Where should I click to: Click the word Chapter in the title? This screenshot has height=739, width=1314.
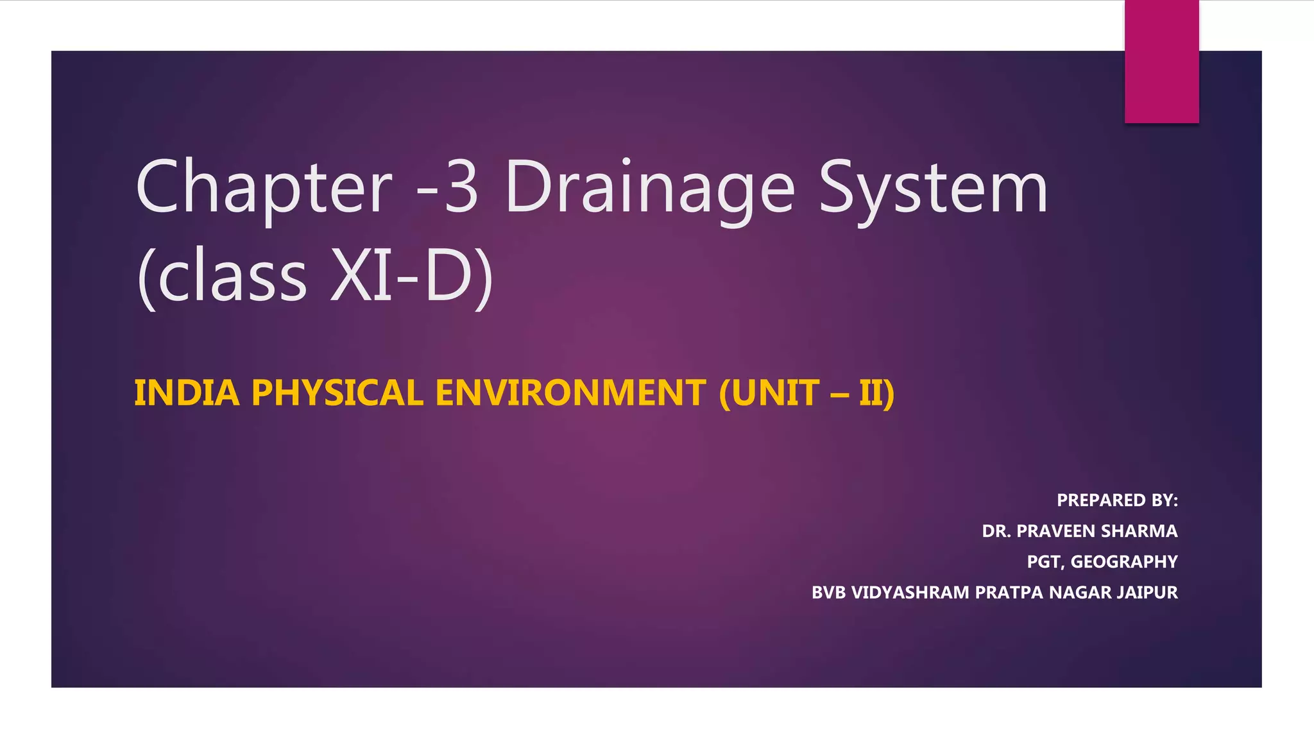point(264,187)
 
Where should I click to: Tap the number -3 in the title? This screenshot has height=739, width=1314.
point(447,187)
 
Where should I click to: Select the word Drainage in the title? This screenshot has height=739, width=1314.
point(649,187)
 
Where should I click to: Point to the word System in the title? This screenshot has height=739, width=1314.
point(933,187)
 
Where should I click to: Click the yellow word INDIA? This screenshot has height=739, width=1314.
point(187,393)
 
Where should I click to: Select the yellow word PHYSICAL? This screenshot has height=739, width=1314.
point(337,393)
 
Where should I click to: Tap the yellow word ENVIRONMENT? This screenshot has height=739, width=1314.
point(571,393)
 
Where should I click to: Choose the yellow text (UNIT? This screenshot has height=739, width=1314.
point(769,393)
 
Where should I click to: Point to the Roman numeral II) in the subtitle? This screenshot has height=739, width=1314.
point(876,393)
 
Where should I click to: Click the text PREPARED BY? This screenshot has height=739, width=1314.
point(1117,500)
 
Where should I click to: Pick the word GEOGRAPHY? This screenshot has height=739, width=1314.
point(1124,562)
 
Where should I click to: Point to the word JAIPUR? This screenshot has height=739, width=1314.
point(1147,592)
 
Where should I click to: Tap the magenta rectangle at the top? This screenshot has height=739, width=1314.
point(1161,62)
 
